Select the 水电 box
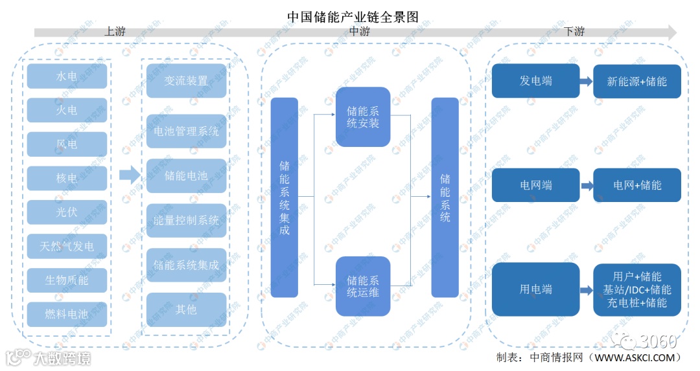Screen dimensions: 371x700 click(x=67, y=76)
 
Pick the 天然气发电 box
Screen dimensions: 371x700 click(x=67, y=246)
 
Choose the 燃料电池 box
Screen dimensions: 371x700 click(x=67, y=314)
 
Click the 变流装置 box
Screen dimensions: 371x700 click(x=187, y=81)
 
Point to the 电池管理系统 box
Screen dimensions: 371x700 click(x=187, y=131)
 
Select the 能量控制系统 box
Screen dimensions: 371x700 click(x=187, y=220)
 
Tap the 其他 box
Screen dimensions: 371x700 click(x=187, y=309)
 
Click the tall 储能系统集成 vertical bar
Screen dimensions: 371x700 click(x=284, y=197)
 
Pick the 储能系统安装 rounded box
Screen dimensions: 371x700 click(x=363, y=117)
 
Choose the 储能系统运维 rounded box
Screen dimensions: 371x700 click(x=363, y=286)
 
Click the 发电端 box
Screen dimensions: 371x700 click(x=535, y=81)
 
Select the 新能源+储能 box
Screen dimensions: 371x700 click(x=637, y=82)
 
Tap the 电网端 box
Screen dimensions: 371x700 click(x=535, y=185)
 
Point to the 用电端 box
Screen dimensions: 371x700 click(x=535, y=289)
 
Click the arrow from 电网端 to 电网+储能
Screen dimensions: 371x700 click(x=587, y=185)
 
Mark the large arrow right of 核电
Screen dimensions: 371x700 click(x=130, y=175)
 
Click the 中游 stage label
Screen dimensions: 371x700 click(x=360, y=31)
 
